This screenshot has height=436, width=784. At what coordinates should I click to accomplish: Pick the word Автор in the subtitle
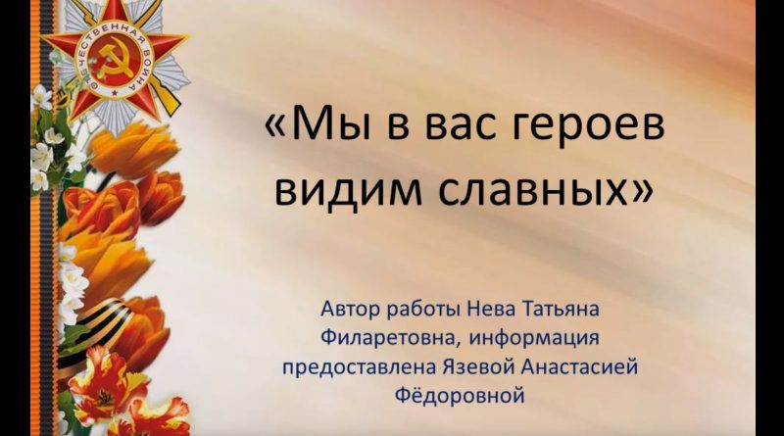point(351,309)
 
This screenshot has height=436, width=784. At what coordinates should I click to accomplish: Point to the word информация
point(534,340)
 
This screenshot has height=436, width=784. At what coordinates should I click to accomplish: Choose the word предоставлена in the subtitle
point(360,367)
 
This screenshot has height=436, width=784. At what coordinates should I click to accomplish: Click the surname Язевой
point(478,367)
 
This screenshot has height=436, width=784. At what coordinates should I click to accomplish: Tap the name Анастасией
point(579,367)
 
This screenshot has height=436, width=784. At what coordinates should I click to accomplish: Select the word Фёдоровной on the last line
point(460,396)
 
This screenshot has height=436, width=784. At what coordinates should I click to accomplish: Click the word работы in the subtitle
point(423,311)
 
